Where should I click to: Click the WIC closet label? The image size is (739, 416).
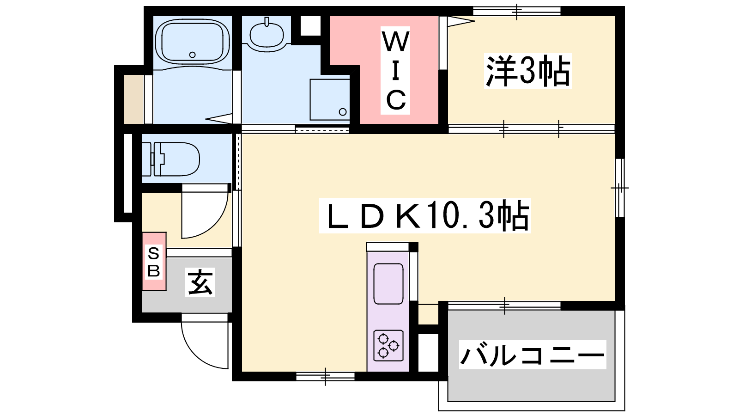point(395,71)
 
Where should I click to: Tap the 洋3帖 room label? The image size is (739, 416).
point(528,71)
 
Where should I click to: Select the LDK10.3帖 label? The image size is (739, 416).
point(425,215)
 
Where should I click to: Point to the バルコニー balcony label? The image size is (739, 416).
point(533,355)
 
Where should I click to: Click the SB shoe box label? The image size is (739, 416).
point(154,262)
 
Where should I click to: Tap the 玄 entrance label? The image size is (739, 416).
point(200,282)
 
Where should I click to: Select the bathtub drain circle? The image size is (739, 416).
point(192,55)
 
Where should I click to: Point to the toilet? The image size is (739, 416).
point(170,159)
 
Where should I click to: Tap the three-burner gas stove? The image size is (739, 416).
point(388,345)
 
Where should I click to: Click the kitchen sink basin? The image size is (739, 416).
point(388,284)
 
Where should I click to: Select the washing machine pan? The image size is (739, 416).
point(329,99)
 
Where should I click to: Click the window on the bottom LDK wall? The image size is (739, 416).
point(325,376)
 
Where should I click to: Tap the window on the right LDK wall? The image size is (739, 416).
point(620,188)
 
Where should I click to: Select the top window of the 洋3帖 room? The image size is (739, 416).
point(517,11)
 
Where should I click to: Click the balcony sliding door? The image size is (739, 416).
point(504,306)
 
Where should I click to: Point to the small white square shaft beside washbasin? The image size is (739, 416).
point(310,26)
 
